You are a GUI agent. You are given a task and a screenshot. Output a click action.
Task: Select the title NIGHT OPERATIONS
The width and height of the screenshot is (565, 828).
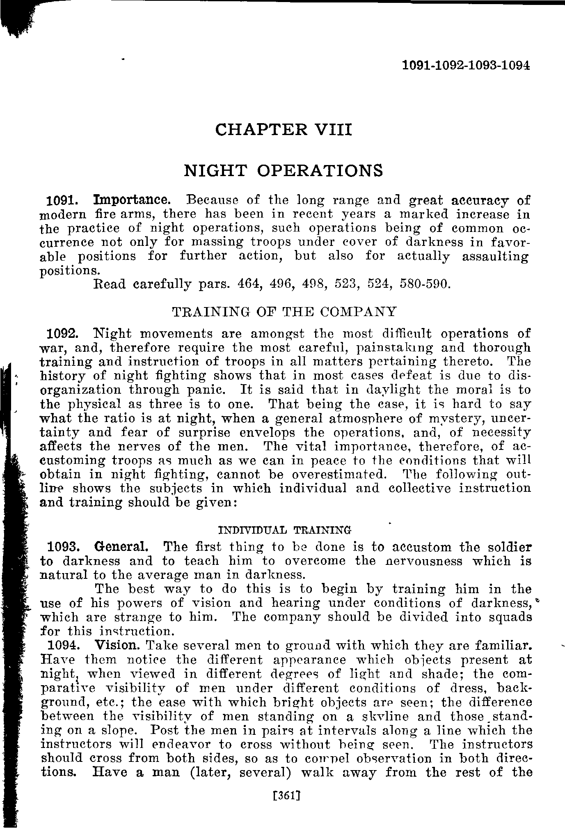pyautogui.click(x=283, y=170)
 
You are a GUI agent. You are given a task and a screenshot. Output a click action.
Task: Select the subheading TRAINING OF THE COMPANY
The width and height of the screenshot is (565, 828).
pyautogui.click(x=284, y=312)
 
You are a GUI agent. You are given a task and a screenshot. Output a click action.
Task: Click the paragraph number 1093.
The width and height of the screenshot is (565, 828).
pyautogui.click(x=63, y=547)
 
